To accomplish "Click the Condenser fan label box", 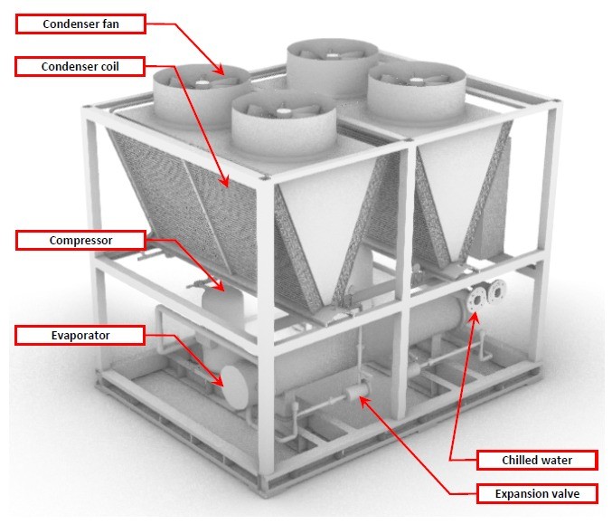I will point(80,24).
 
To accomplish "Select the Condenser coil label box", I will point(80,67).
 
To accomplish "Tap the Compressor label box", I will point(80,241).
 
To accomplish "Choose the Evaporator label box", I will point(80,336).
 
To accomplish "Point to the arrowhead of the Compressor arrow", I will point(221,291).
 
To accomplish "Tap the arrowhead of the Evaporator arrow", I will point(222,385).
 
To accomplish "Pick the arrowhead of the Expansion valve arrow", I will point(361,395).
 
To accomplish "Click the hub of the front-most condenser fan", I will point(281,112).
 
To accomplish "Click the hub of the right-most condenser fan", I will point(415,78).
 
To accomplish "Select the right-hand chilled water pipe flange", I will point(494,293).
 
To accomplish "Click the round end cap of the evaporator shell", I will point(239,386).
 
